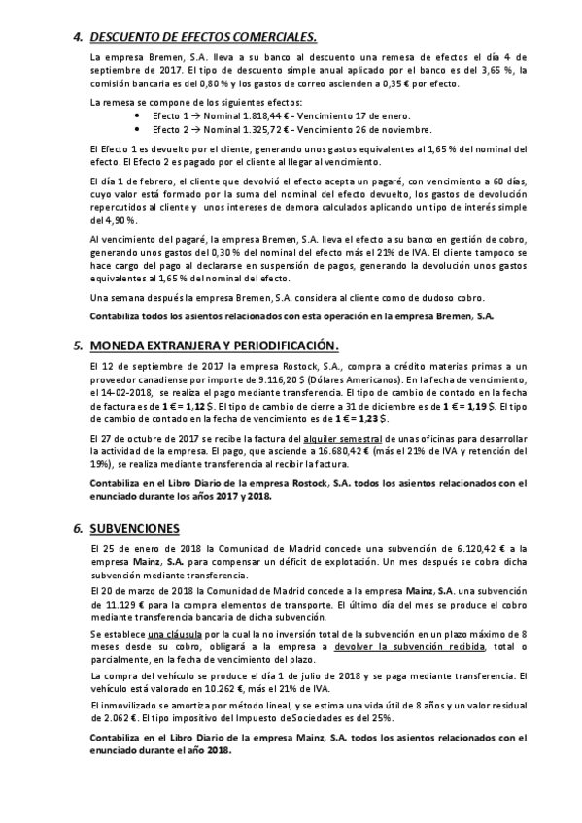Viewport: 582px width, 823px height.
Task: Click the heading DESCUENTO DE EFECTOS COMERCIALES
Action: (203, 37)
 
